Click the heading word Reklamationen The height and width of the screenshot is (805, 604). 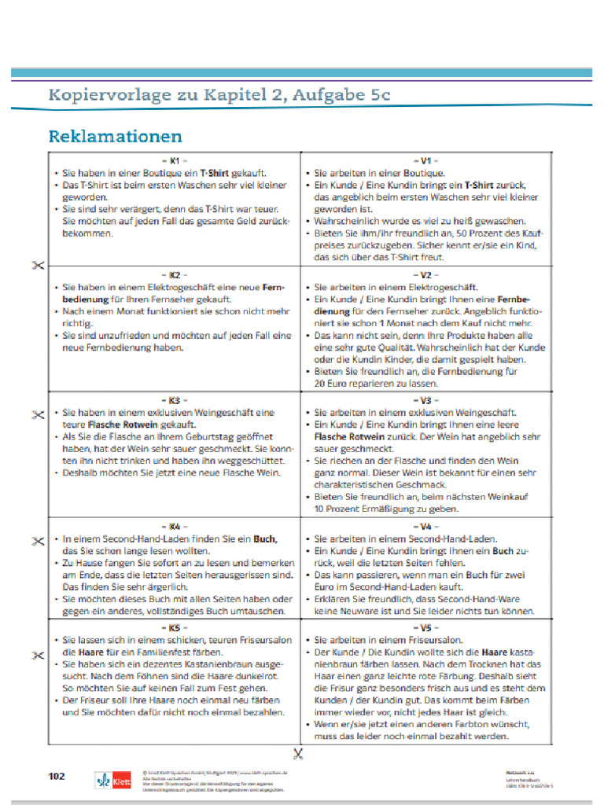point(115,136)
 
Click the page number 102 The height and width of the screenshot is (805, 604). point(57,776)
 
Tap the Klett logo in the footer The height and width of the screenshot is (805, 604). point(112,780)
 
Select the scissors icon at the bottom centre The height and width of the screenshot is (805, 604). point(297,755)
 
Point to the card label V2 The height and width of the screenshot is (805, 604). point(425,275)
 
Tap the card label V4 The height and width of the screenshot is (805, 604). point(425,526)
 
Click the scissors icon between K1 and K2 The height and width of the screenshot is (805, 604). point(36,265)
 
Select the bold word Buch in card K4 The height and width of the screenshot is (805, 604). point(263,539)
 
